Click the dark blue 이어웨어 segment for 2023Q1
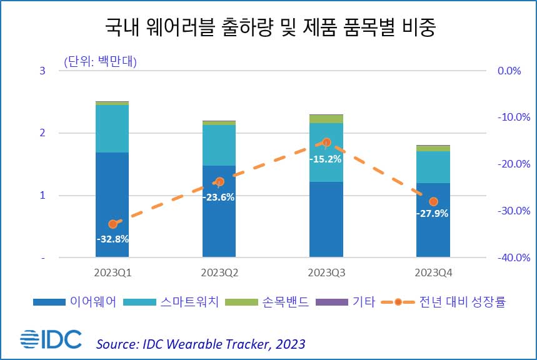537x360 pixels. (112, 187)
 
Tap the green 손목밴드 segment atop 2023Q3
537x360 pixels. (326, 119)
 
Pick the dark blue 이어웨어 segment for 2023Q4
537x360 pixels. (433, 231)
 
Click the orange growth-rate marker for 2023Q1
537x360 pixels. (113, 224)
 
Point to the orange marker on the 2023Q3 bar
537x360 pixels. (326, 142)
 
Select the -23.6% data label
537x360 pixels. (218, 197)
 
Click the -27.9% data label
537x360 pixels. (432, 213)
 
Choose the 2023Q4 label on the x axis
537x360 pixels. (433, 272)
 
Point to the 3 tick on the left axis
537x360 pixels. (43, 71)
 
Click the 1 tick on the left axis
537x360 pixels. (43, 196)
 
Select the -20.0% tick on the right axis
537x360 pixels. (508, 164)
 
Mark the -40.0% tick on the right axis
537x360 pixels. (508, 257)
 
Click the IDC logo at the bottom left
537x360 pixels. (51, 339)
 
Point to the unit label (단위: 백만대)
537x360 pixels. (99, 62)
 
